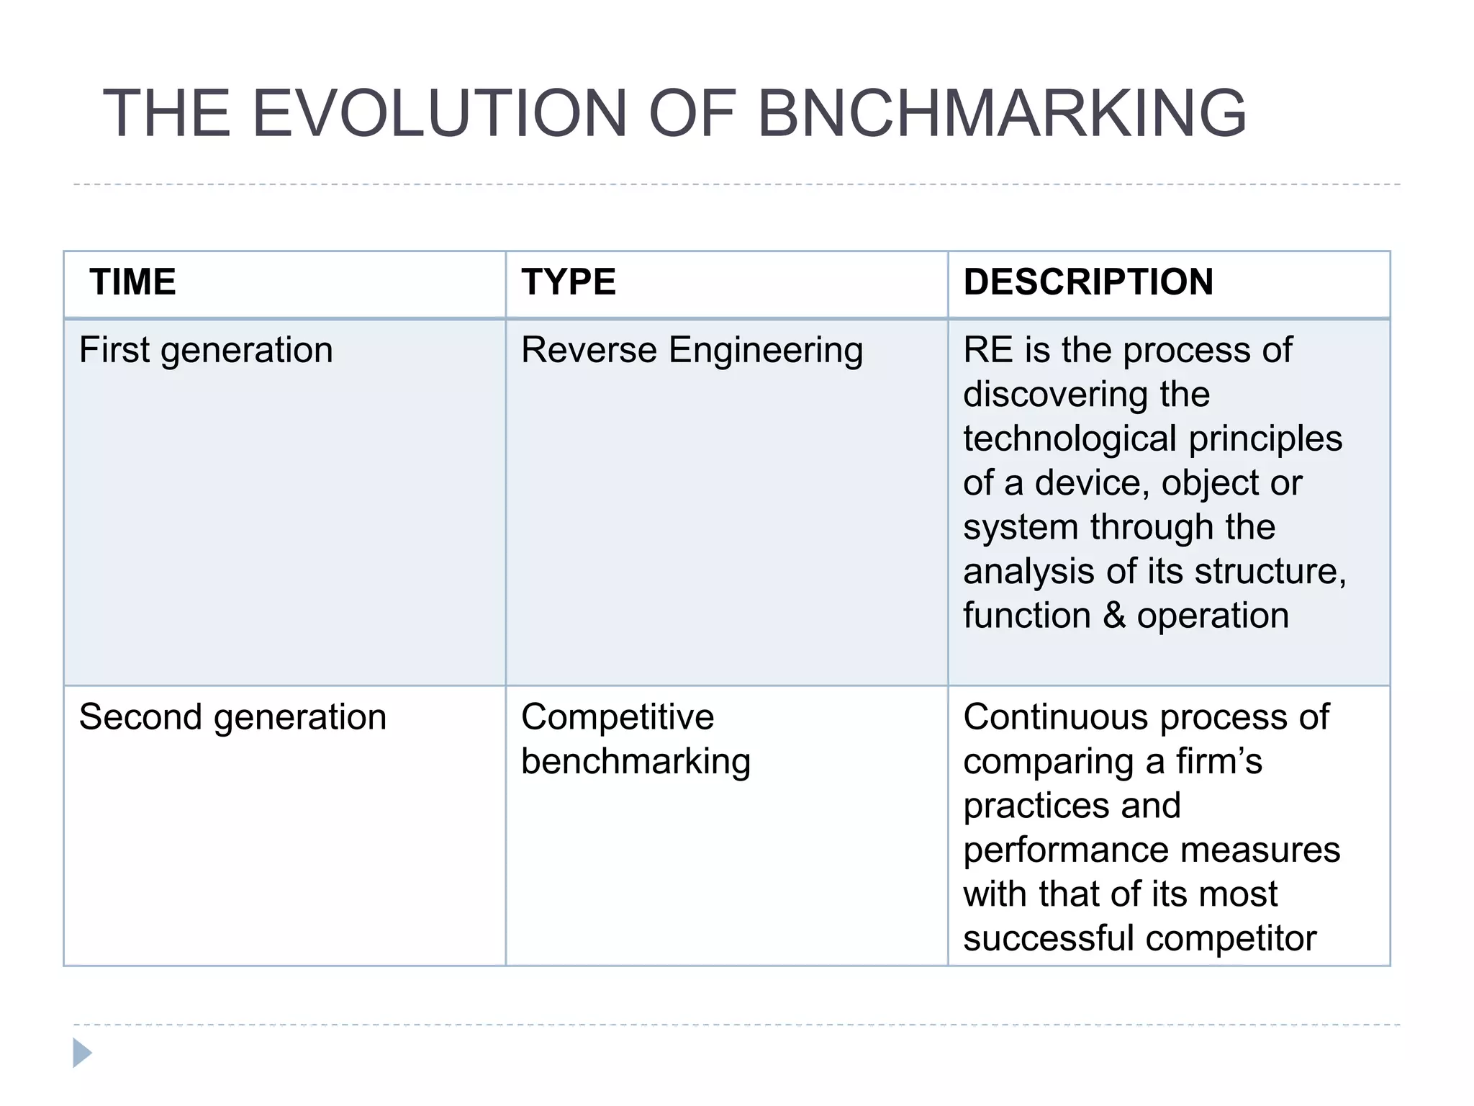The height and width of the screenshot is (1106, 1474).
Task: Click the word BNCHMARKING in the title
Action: click(1001, 113)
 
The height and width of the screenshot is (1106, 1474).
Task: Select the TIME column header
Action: click(133, 282)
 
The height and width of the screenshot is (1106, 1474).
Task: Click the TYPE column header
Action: click(569, 282)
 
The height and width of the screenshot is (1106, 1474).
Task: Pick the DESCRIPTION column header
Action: click(1088, 282)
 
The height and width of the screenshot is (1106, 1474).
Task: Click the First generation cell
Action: click(206, 351)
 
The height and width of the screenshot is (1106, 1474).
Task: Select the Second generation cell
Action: click(232, 717)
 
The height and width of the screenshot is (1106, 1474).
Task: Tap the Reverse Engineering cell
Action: click(692, 351)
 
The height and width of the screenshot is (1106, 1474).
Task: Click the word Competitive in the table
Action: click(618, 717)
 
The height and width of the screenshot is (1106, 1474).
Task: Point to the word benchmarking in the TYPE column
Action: click(636, 762)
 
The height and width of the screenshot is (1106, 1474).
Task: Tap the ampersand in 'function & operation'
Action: click(1114, 616)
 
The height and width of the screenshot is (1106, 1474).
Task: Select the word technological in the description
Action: click(1070, 439)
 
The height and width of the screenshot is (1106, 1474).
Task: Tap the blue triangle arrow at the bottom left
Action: click(82, 1053)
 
